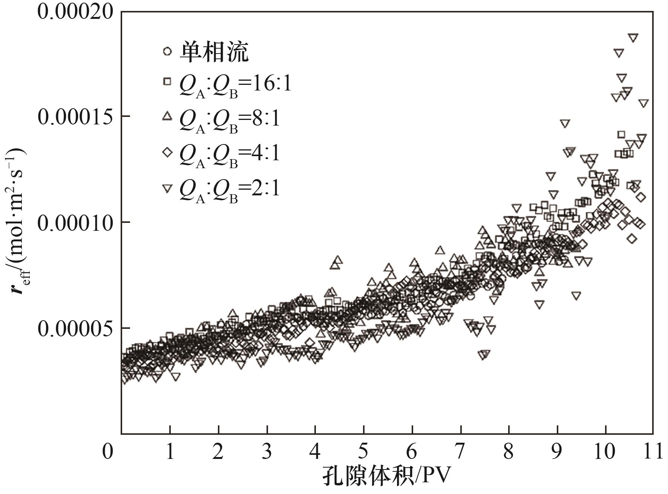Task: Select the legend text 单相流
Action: [x=214, y=52]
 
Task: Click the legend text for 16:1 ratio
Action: [x=235, y=85]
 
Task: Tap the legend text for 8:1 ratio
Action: [x=229, y=120]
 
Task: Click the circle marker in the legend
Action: [x=167, y=51]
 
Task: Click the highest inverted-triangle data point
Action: [x=633, y=37]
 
